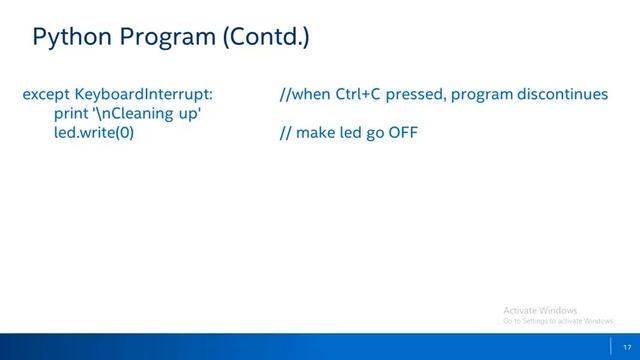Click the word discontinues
click(x=562, y=95)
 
